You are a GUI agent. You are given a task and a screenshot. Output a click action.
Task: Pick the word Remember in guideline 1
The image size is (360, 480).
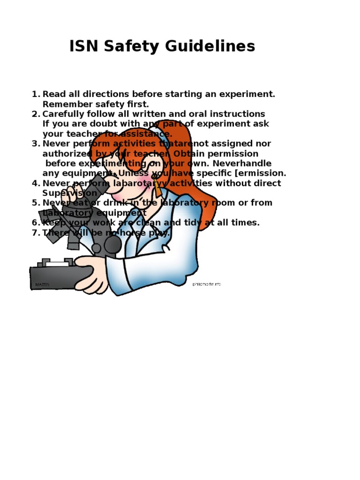(64, 104)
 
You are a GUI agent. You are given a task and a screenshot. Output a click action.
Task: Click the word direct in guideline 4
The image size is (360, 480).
(266, 183)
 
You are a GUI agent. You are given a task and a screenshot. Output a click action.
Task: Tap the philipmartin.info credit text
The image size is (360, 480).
(206, 284)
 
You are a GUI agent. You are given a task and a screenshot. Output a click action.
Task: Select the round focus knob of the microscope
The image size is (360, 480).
(112, 244)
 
